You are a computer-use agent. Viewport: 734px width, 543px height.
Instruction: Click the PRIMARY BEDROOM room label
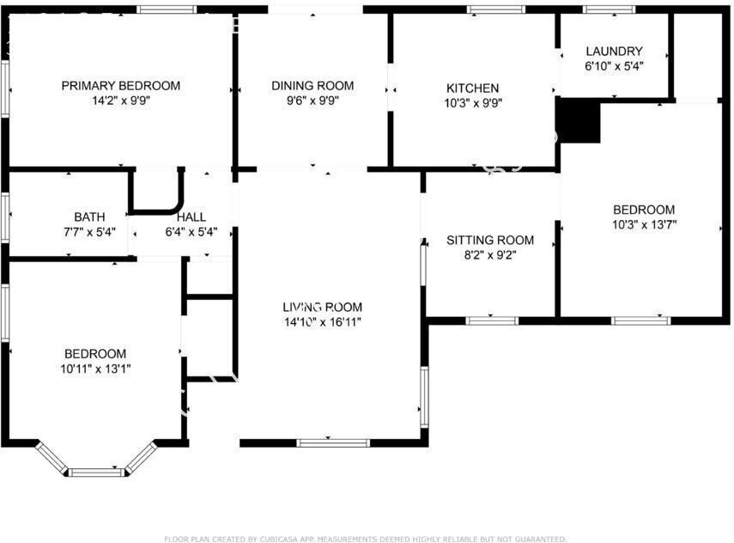point(121,85)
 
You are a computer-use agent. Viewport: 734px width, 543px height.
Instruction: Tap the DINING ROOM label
point(312,85)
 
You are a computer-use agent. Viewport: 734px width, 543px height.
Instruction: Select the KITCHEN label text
point(472,88)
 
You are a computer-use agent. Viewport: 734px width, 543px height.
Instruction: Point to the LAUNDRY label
point(614,52)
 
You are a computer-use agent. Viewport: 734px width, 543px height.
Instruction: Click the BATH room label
point(89,217)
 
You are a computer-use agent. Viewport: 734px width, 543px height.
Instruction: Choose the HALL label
point(191,217)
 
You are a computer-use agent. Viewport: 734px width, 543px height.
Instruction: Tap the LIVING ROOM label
point(323,307)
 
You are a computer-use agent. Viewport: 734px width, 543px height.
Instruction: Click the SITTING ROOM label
point(490,240)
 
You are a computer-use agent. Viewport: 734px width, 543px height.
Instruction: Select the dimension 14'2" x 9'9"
point(121,100)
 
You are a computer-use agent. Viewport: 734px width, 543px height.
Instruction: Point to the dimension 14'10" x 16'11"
point(323,321)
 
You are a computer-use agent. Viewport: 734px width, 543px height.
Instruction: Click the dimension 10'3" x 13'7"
point(644,224)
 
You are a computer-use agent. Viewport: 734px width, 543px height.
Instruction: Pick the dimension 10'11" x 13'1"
point(95,368)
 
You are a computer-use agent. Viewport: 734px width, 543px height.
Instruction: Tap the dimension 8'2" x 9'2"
point(490,254)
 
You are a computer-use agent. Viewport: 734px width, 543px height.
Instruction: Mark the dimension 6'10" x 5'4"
point(614,66)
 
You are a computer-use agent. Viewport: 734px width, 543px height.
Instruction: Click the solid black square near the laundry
point(579,120)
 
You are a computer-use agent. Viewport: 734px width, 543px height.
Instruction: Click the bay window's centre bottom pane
point(95,472)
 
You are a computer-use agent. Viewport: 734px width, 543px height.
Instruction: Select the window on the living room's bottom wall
point(334,442)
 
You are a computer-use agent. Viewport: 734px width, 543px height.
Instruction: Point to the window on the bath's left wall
point(5,212)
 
